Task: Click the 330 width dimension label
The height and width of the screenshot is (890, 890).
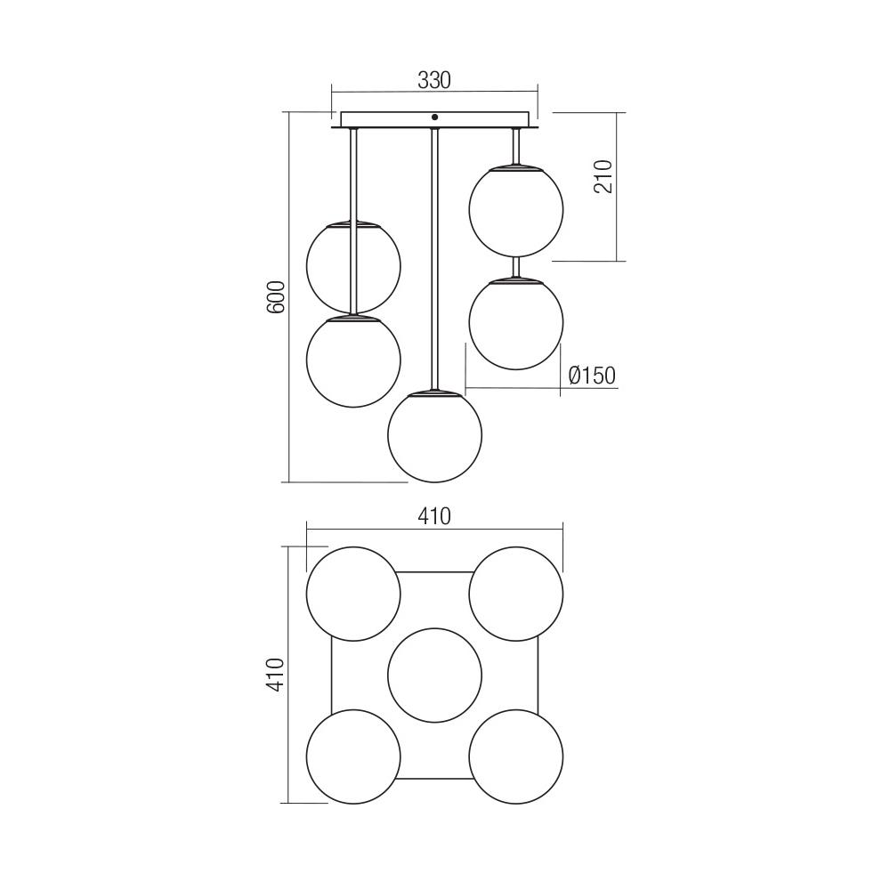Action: [434, 80]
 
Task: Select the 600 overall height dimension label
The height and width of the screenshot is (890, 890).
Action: [276, 296]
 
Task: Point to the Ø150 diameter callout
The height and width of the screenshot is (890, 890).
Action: [591, 376]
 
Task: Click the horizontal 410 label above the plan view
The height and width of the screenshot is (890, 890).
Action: [434, 516]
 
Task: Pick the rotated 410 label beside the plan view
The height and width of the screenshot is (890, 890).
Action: [276, 675]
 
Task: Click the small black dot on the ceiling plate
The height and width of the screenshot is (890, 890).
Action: [434, 117]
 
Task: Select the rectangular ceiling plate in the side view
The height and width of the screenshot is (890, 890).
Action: [383, 119]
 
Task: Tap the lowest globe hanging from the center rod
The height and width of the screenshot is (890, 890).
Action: [434, 435]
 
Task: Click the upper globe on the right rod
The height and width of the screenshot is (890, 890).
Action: [515, 211]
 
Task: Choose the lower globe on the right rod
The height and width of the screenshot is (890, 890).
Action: [515, 323]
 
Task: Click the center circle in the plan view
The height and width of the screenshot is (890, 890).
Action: [434, 674]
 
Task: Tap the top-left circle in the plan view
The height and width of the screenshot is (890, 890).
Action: [353, 594]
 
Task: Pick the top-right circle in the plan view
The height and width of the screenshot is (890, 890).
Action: [515, 594]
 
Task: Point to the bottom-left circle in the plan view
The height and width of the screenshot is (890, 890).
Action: [353, 756]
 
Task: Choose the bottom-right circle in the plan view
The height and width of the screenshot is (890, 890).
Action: [515, 756]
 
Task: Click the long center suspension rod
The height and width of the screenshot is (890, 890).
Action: [434, 258]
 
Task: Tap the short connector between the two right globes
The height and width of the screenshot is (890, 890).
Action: [515, 267]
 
